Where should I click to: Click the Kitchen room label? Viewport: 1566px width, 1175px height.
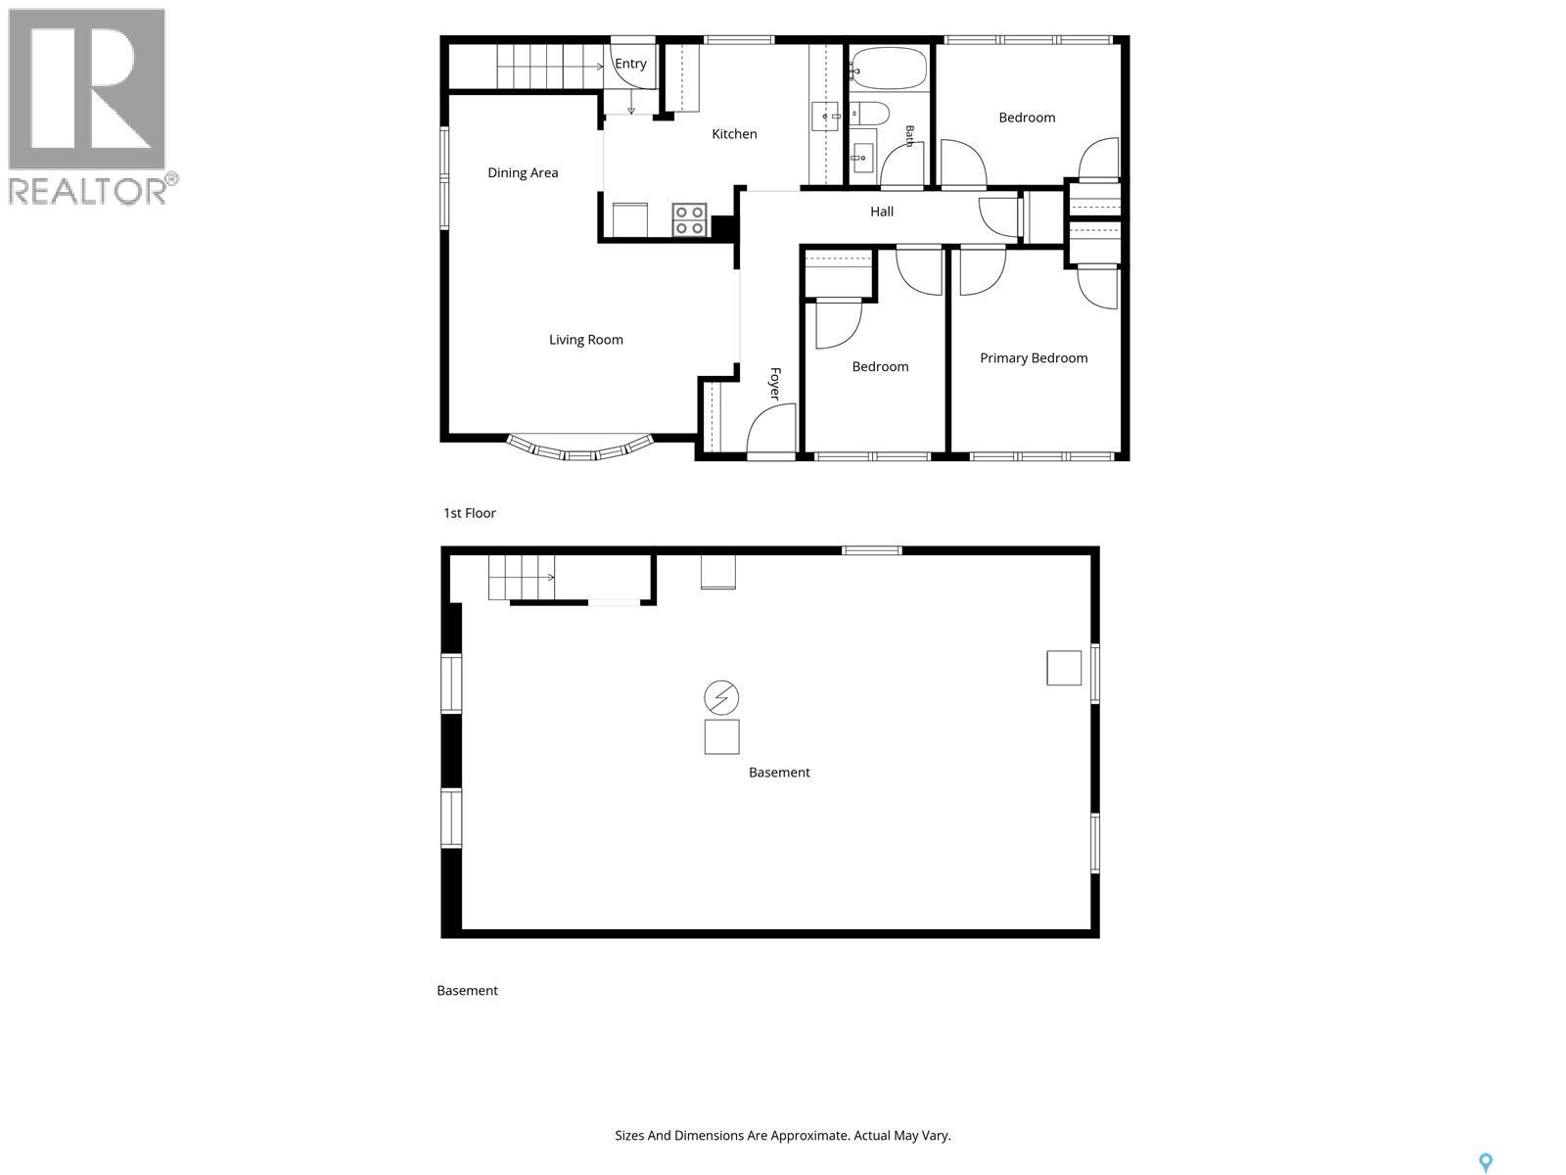pos(734,134)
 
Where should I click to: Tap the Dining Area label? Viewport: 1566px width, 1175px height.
pos(523,172)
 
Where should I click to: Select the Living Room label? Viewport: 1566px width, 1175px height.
pos(585,340)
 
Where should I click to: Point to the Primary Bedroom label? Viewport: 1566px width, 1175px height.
pos(1033,358)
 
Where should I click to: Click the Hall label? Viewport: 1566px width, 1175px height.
pos(882,211)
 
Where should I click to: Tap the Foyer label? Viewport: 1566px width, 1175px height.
pos(775,383)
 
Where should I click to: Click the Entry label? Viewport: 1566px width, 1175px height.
pos(630,64)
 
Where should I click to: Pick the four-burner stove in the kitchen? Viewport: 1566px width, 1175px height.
pos(689,219)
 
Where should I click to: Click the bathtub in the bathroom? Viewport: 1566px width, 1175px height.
pos(888,69)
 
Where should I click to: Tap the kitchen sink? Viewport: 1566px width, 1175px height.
pos(825,117)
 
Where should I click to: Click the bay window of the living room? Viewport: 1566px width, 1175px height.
pos(580,448)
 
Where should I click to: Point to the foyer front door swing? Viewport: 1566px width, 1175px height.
pos(771,428)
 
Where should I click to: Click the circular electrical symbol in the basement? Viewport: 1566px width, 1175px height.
pos(721,698)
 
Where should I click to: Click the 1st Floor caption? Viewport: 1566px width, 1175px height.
pos(470,513)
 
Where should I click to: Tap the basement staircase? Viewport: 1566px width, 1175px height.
pos(522,577)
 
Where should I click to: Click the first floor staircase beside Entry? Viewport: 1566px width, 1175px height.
pos(550,67)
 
